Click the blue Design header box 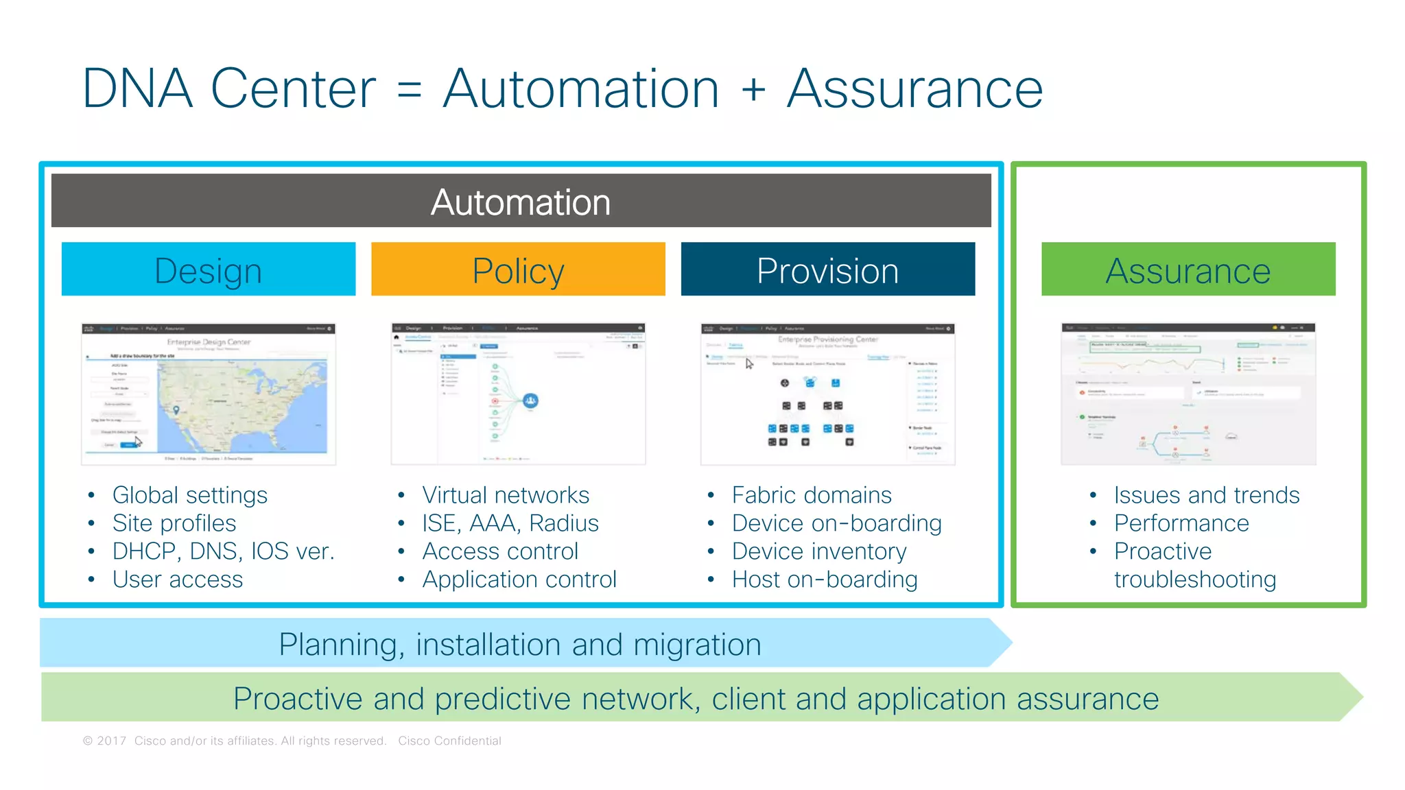click(x=209, y=270)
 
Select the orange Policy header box click(x=518, y=270)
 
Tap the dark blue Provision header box click(x=827, y=270)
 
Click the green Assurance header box click(x=1188, y=270)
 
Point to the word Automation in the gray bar click(x=521, y=202)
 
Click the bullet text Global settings click(x=189, y=495)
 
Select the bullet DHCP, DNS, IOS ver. click(x=223, y=551)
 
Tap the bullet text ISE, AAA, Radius click(x=510, y=523)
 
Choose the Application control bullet click(x=519, y=579)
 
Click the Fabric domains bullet click(x=811, y=495)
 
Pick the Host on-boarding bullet click(x=824, y=579)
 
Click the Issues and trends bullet click(x=1206, y=495)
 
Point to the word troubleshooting click(x=1194, y=579)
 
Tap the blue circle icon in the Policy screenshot click(x=530, y=400)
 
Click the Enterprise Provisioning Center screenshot click(x=827, y=394)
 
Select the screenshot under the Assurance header click(x=1188, y=394)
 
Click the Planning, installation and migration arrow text click(x=519, y=645)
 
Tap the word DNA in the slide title click(x=137, y=88)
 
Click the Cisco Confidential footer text click(x=449, y=741)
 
